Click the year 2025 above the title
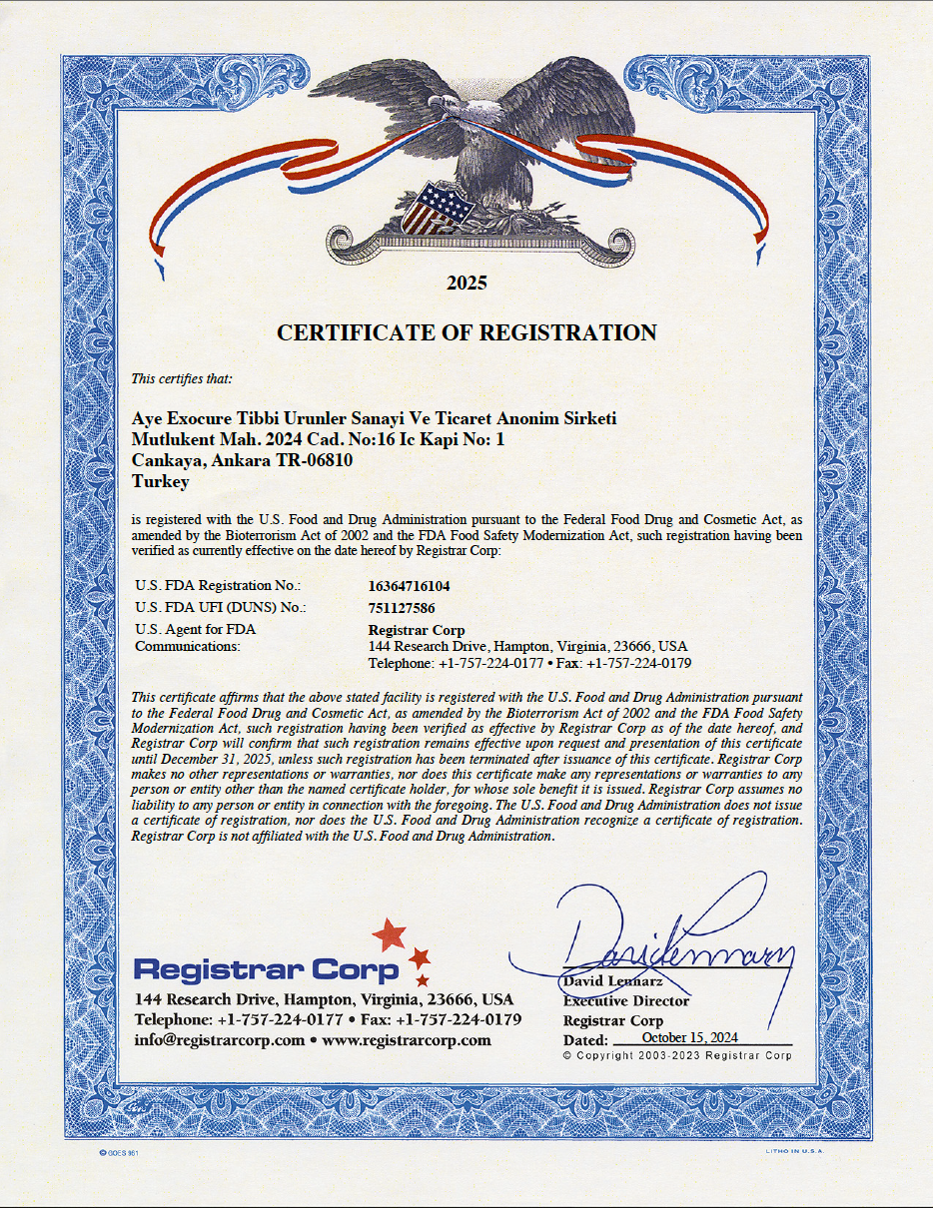[x=466, y=283]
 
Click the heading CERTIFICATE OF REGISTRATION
[x=466, y=332]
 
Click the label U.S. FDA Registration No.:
[x=218, y=586]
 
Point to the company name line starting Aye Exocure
[x=375, y=418]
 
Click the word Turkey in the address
[x=161, y=481]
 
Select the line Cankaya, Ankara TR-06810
[x=242, y=460]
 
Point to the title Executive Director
[x=626, y=1000]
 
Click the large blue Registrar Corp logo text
[x=267, y=968]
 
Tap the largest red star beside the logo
[x=390, y=935]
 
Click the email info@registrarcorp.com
[x=219, y=1039]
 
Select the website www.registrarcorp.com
[x=407, y=1039]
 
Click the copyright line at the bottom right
[x=677, y=1055]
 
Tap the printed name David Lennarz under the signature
[x=606, y=981]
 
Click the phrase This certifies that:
[x=182, y=378]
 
